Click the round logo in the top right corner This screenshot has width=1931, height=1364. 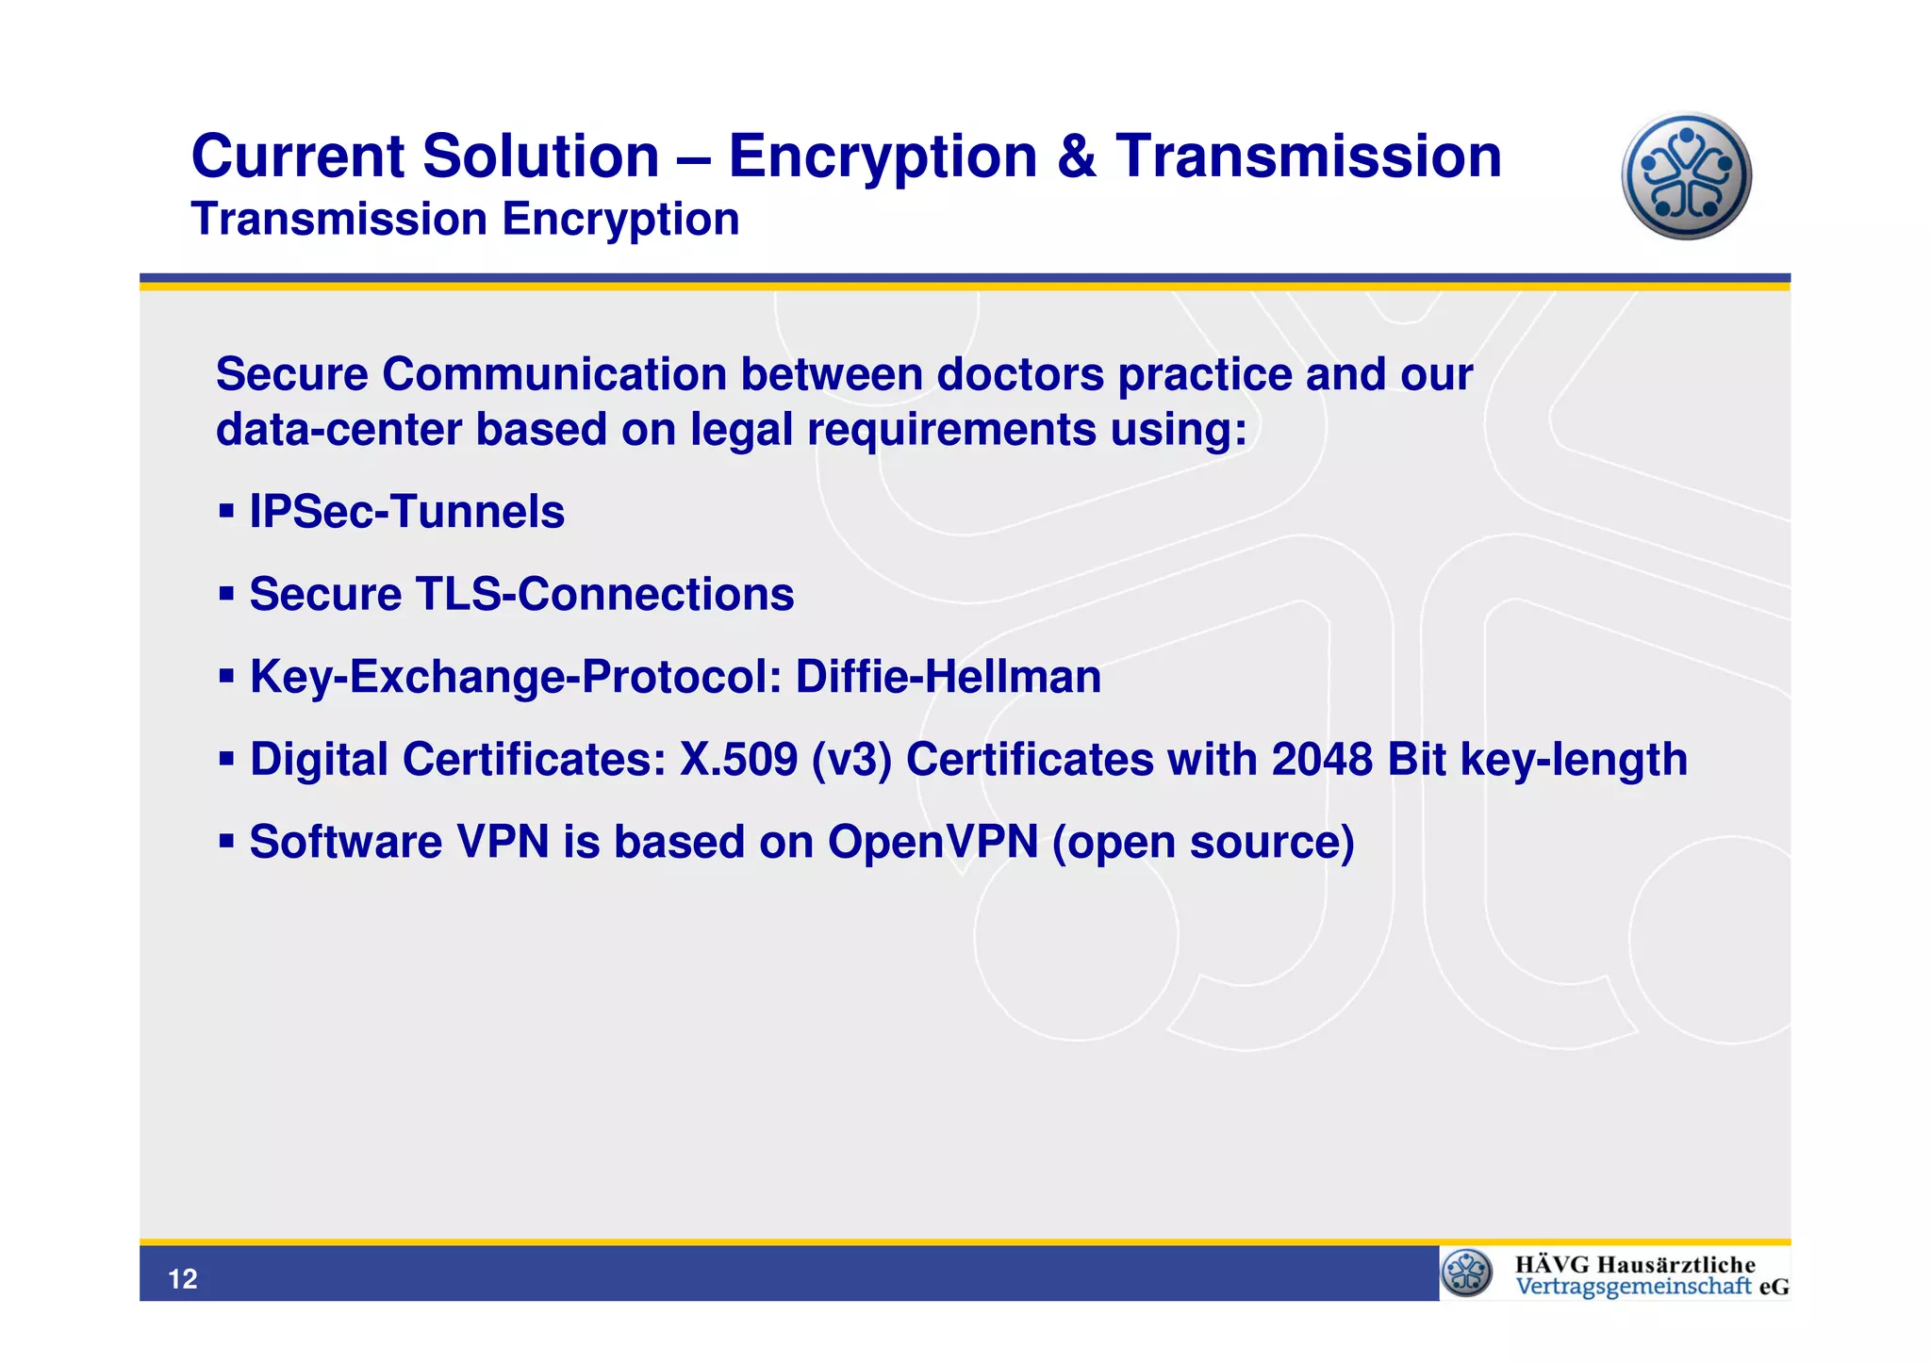point(1686,176)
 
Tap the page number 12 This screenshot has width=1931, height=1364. point(182,1278)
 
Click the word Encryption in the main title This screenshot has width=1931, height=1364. point(883,156)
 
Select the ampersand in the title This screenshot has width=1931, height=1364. point(1077,156)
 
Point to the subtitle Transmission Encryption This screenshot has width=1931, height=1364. point(465,220)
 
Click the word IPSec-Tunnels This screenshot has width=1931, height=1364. point(406,512)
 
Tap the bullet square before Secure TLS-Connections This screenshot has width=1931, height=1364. point(226,594)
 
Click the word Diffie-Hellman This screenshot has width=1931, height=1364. point(948,677)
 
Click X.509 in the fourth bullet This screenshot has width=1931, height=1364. point(738,760)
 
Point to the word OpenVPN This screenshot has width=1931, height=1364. point(932,842)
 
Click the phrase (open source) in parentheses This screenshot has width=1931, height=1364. point(1202,842)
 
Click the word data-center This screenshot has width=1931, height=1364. point(338,430)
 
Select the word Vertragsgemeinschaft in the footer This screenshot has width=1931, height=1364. point(1633,1287)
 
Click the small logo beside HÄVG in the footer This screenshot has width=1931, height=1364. point(1467,1273)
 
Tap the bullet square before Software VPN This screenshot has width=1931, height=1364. point(226,840)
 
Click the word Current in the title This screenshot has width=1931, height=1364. point(298,156)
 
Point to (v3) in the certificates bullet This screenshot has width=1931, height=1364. point(851,760)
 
